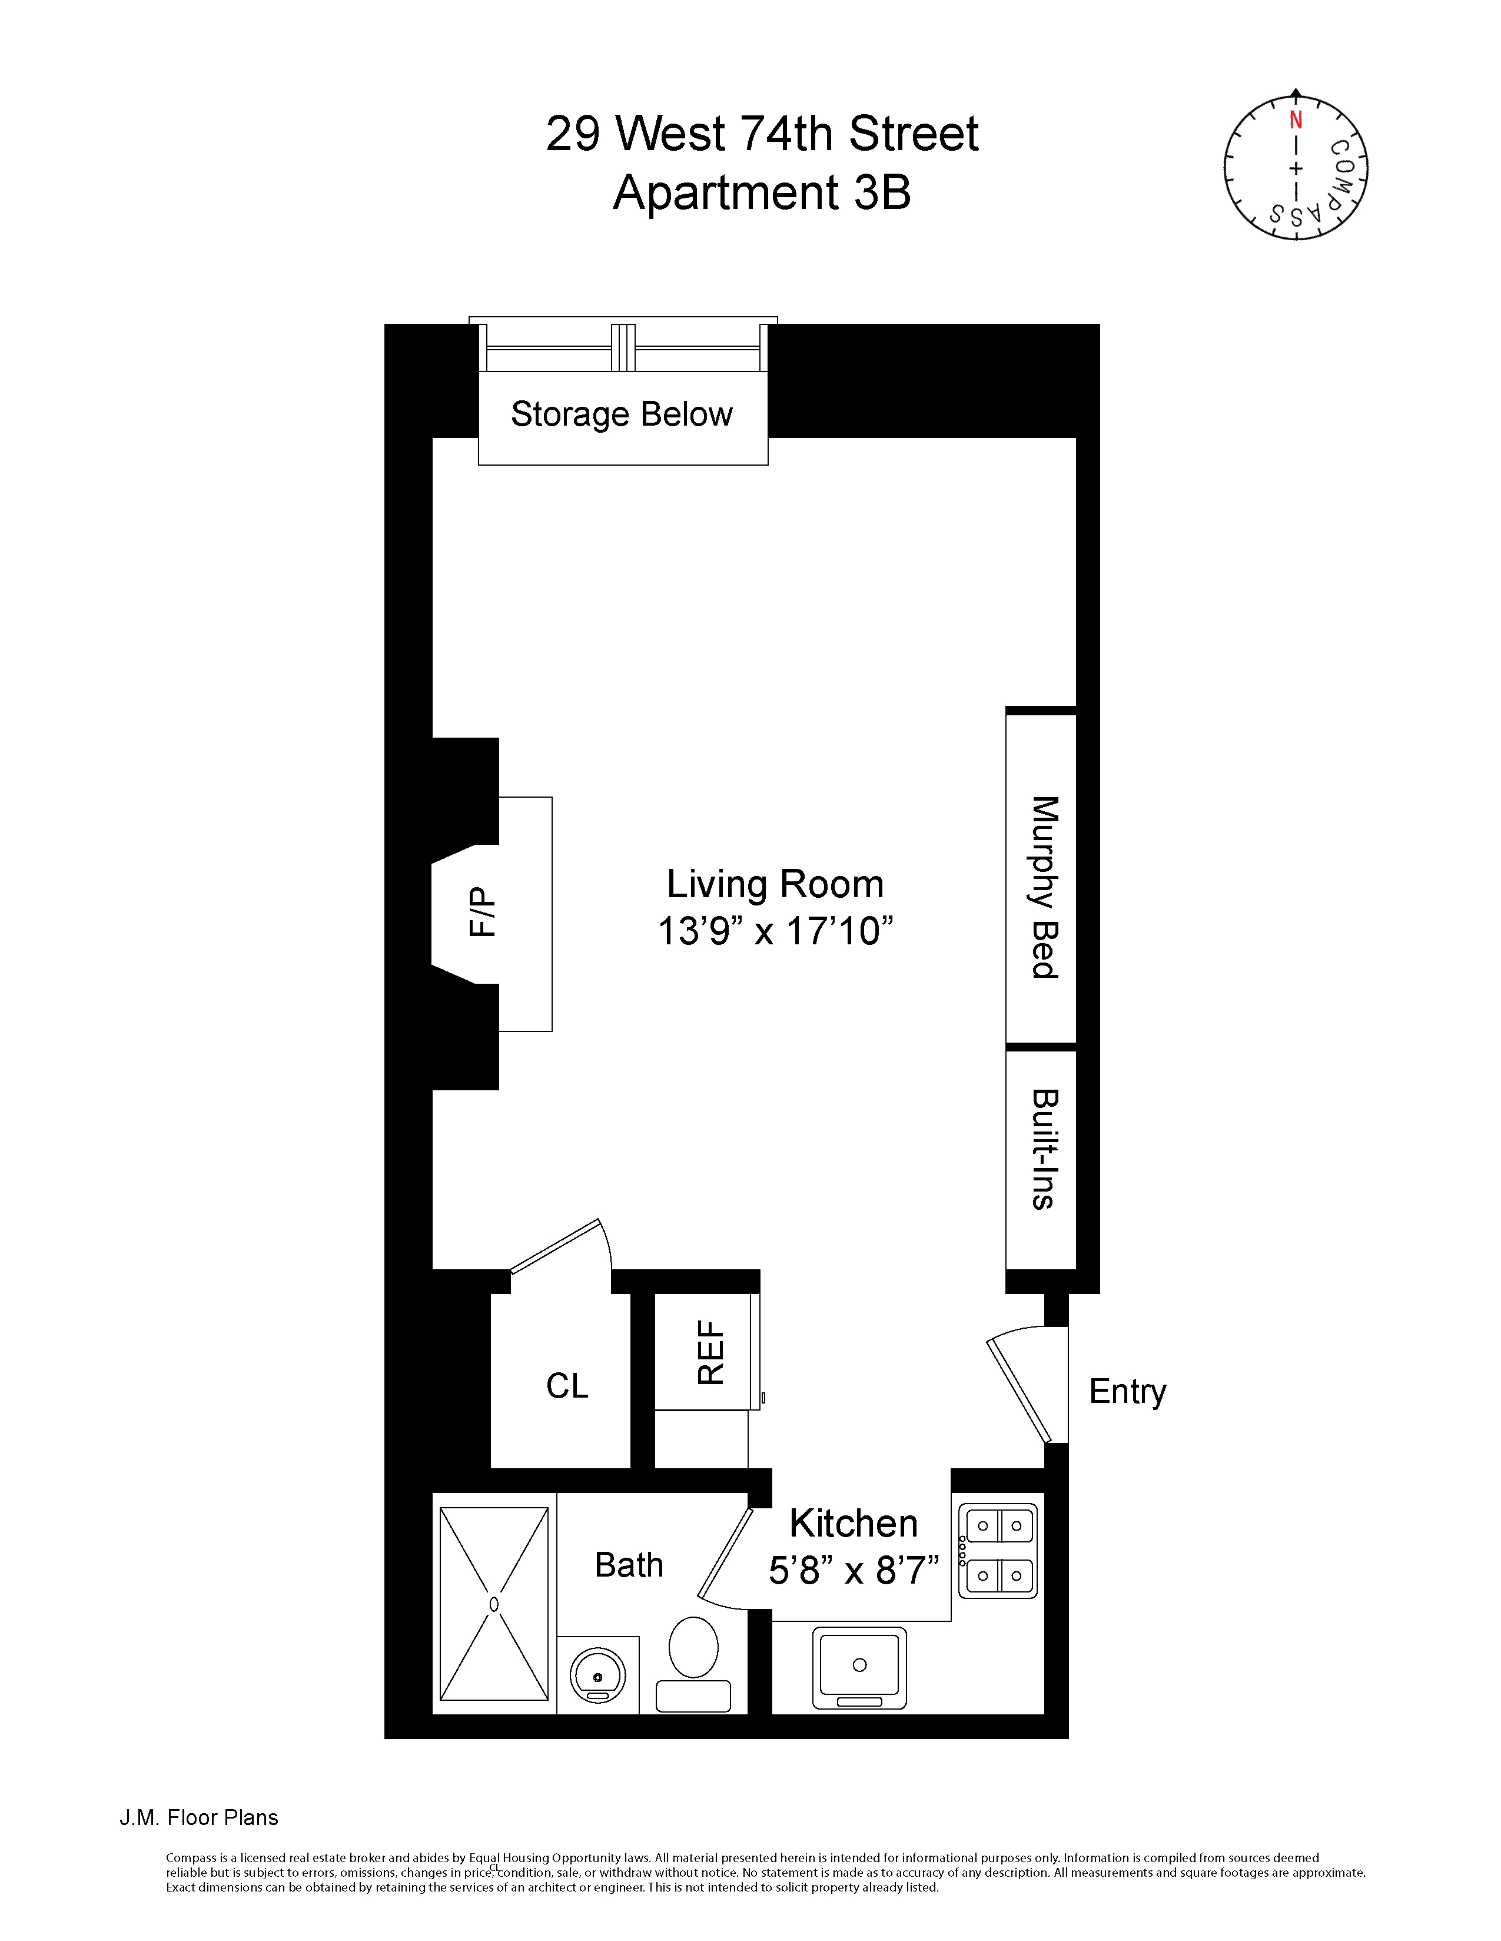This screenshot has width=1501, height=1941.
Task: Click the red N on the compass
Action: [1296, 120]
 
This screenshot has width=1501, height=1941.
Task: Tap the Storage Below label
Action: [621, 414]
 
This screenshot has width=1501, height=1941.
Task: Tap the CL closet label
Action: [567, 1385]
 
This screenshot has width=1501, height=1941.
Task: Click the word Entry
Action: [1127, 1391]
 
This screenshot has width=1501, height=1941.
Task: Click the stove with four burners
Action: [998, 1551]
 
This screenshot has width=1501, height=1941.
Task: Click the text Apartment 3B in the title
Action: [762, 192]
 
